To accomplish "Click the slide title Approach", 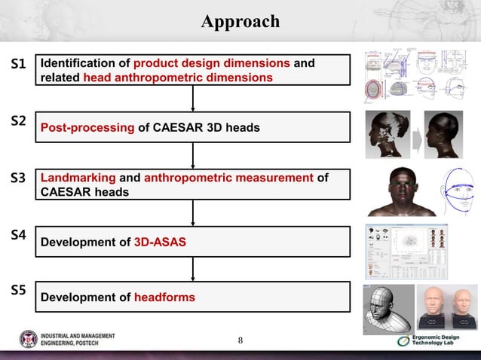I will tap(240, 22).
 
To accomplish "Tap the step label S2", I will tap(18, 121).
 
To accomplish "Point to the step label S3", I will tap(18, 178).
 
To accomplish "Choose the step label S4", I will tap(18, 235).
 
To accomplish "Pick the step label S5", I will tap(18, 290).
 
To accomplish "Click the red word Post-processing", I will tap(87, 128).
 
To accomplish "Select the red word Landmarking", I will tap(78, 178).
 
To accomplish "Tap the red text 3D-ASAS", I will tap(160, 243).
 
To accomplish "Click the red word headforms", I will tap(164, 297).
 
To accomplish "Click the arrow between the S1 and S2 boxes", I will tap(194, 98).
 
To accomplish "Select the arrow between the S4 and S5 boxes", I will tap(194, 269).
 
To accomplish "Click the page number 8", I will tap(240, 340).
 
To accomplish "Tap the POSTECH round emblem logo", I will tap(29, 340).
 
